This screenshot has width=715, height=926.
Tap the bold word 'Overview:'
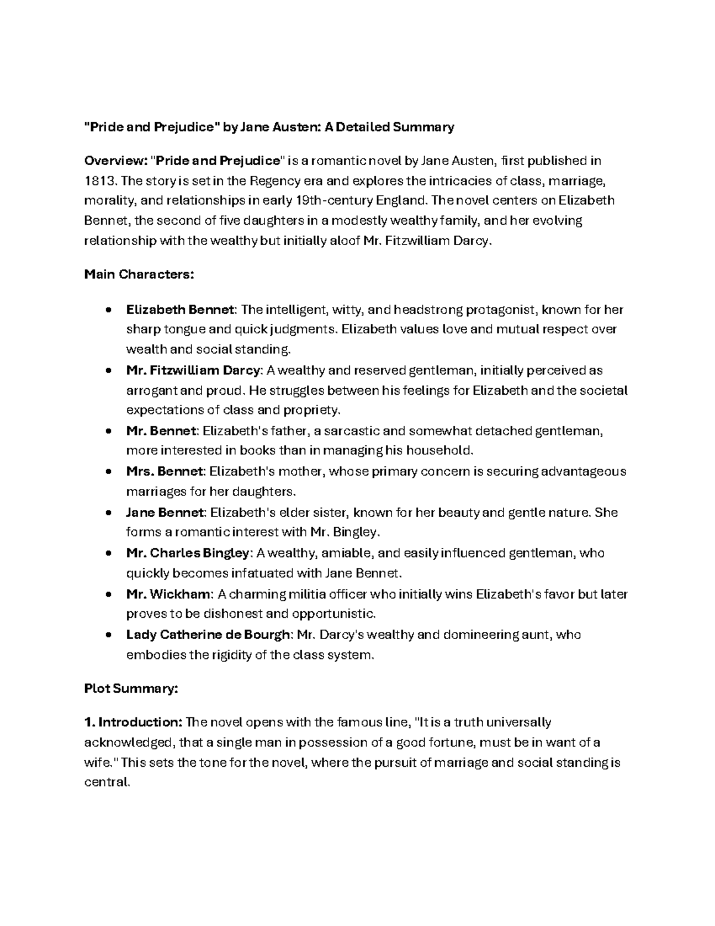click(116, 161)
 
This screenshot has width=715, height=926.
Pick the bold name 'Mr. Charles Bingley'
click(187, 553)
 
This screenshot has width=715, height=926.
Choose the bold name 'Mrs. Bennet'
click(164, 472)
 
